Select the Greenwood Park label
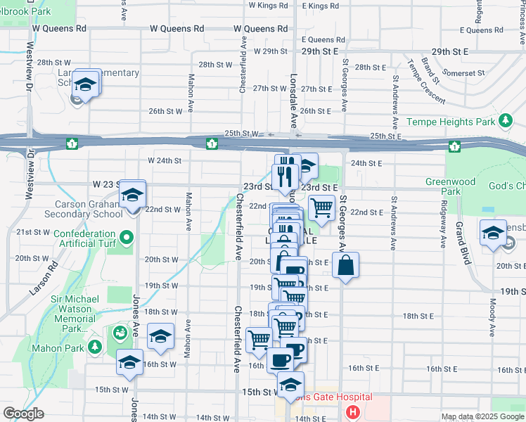pos(442,186)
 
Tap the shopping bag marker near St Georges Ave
pos(345,266)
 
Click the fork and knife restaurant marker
pos(286,176)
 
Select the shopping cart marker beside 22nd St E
pos(321,207)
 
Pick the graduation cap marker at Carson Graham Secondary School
pos(131,196)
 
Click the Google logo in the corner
pos(23,414)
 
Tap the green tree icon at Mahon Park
pos(94,347)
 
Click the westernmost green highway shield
pos(72,144)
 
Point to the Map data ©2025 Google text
pos(482,416)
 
